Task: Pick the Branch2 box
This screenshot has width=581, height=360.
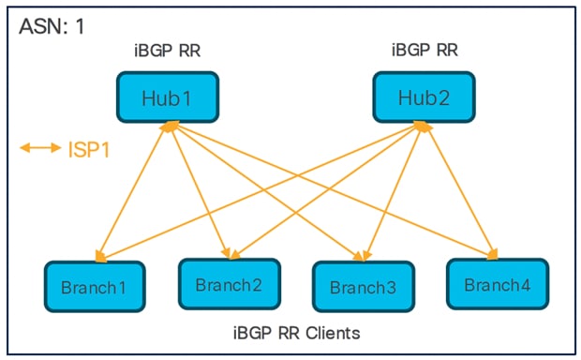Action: point(229,283)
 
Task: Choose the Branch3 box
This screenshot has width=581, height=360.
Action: point(362,286)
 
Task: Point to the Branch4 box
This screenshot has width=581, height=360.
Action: point(496,283)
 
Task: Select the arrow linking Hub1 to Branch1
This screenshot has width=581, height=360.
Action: point(130,184)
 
